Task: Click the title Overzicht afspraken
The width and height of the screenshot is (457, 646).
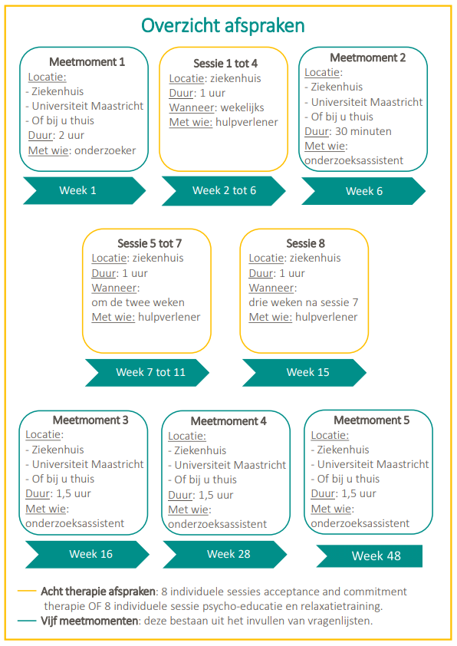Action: (222, 25)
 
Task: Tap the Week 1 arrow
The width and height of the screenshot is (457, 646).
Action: (84, 191)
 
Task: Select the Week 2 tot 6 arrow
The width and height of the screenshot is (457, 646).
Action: (224, 191)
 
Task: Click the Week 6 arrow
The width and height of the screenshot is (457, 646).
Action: (363, 191)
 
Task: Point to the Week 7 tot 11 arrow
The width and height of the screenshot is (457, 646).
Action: (147, 372)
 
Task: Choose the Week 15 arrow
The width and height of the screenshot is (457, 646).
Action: (304, 372)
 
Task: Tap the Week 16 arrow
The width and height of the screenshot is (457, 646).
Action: (87, 555)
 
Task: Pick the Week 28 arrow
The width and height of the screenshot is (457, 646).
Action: (225, 555)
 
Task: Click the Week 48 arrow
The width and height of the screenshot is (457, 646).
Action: (370, 556)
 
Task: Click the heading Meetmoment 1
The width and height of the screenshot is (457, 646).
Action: (87, 62)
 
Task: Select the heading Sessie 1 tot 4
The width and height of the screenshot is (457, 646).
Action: (225, 64)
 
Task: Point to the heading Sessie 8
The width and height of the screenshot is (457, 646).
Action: (305, 243)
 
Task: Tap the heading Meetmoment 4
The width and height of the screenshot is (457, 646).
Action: (228, 421)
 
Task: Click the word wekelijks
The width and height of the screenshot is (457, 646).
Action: (242, 108)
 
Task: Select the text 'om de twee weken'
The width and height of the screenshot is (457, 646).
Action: (138, 302)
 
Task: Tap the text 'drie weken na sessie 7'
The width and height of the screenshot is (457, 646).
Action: (304, 302)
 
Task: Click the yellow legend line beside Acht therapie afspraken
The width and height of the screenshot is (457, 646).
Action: (27, 592)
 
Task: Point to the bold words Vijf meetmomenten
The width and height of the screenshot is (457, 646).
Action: (90, 621)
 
